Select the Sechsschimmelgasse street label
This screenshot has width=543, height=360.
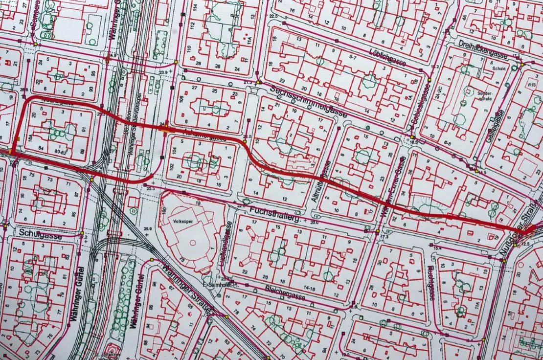point(309,101)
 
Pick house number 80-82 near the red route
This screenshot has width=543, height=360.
point(62,152)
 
